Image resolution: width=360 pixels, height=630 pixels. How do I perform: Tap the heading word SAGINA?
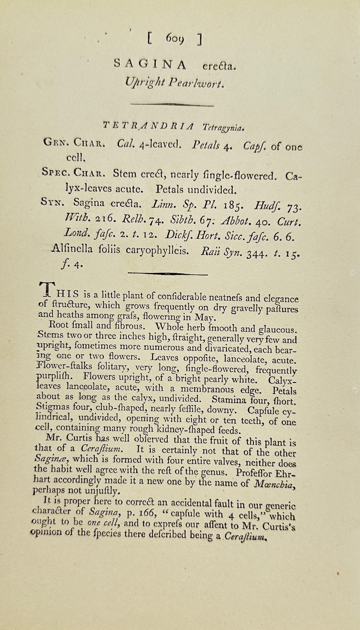150,63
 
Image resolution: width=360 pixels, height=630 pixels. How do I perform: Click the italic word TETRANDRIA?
148,126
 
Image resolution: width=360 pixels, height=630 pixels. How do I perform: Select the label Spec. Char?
73,173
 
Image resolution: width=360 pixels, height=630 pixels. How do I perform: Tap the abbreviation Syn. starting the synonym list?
52,202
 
